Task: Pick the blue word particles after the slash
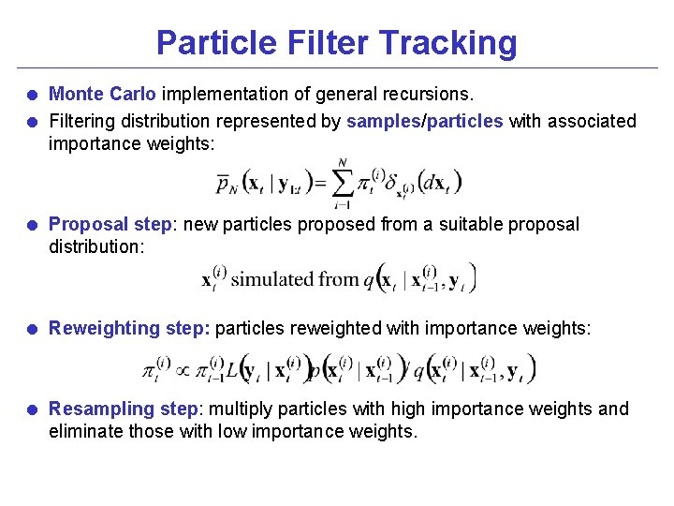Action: point(465,121)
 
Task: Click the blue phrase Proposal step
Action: point(108,224)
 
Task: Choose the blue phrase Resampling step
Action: point(124,409)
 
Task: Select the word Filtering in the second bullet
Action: point(81,121)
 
